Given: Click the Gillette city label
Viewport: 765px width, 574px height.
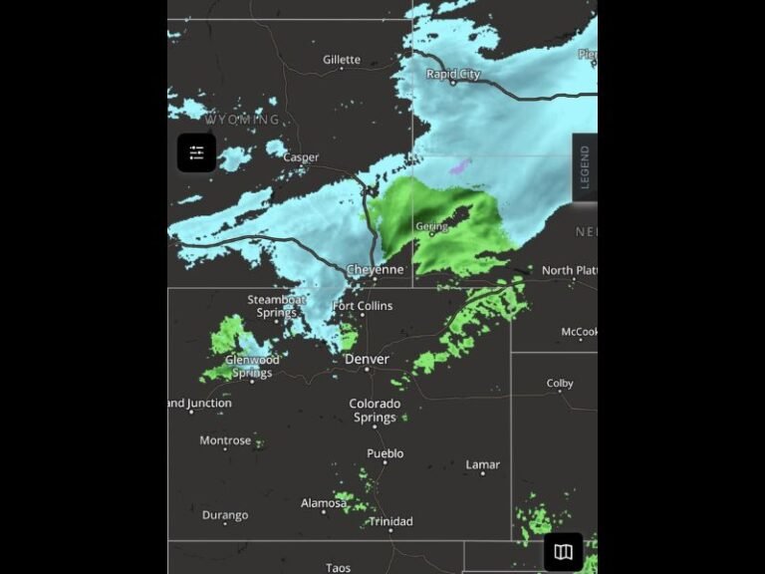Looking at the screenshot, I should (x=342, y=60).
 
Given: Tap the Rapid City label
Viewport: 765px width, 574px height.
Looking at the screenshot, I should (x=453, y=74).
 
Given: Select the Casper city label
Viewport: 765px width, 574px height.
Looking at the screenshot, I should (x=301, y=157).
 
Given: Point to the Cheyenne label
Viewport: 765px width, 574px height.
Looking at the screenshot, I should (x=376, y=270).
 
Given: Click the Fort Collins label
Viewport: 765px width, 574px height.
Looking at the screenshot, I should (x=363, y=306).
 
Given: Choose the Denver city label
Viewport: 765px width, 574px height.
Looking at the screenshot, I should (x=367, y=359).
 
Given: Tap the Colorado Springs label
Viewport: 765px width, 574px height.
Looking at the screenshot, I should (x=375, y=411).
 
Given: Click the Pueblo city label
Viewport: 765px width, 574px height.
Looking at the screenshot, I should (x=385, y=453).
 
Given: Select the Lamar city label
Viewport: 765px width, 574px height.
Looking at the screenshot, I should (x=483, y=464).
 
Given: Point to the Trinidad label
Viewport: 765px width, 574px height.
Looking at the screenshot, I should (x=390, y=521).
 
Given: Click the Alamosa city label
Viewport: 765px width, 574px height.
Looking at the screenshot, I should (x=324, y=503).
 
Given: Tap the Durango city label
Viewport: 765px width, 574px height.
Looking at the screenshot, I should (x=225, y=515).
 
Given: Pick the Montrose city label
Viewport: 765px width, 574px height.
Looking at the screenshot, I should (x=225, y=440).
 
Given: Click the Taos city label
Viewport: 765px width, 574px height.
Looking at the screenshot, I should (x=338, y=568).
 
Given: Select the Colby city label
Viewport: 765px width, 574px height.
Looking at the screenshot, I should (x=560, y=384).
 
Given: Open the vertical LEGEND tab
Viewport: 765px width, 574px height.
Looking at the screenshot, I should (x=585, y=167).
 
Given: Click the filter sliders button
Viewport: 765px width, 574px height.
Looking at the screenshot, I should (x=196, y=152).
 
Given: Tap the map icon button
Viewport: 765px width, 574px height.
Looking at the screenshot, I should (x=563, y=552).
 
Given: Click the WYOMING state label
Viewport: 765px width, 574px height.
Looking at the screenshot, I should (x=242, y=120).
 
